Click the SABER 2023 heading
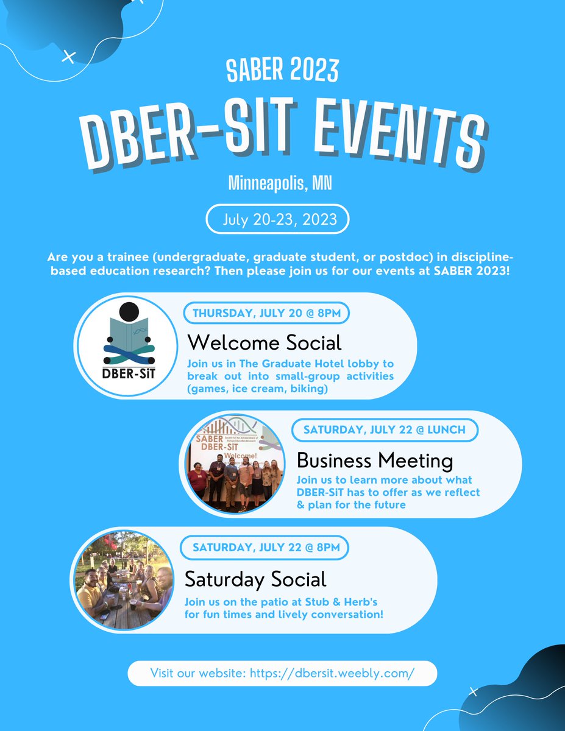(x=282, y=72)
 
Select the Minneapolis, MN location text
(x=280, y=182)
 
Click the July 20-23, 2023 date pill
(x=277, y=219)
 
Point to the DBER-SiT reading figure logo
(x=129, y=345)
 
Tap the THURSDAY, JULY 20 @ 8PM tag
(x=266, y=314)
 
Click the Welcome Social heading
(x=264, y=342)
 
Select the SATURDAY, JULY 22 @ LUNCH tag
(x=384, y=429)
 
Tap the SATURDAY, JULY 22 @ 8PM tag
(x=265, y=547)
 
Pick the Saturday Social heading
(x=255, y=578)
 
